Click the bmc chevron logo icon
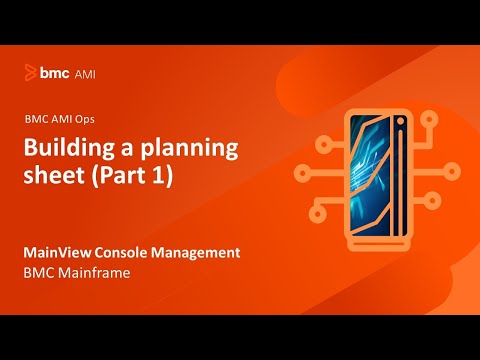click(31, 73)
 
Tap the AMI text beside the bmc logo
click(85, 73)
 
